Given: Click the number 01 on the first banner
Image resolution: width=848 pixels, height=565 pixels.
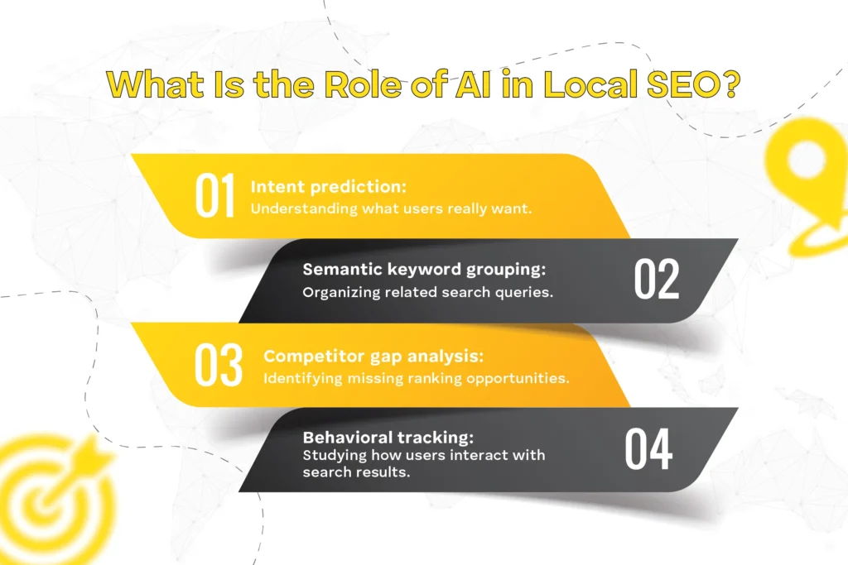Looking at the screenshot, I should [x=214, y=196].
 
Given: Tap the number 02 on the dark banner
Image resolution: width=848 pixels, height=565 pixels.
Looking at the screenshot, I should [x=657, y=280].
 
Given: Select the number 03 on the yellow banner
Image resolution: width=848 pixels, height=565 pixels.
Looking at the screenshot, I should [x=219, y=365].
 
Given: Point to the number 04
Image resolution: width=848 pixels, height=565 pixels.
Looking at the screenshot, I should [x=648, y=449].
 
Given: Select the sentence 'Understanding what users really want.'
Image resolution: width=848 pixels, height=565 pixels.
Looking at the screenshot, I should [x=390, y=208].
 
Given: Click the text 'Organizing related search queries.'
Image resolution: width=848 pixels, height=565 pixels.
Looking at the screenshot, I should [x=427, y=292].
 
